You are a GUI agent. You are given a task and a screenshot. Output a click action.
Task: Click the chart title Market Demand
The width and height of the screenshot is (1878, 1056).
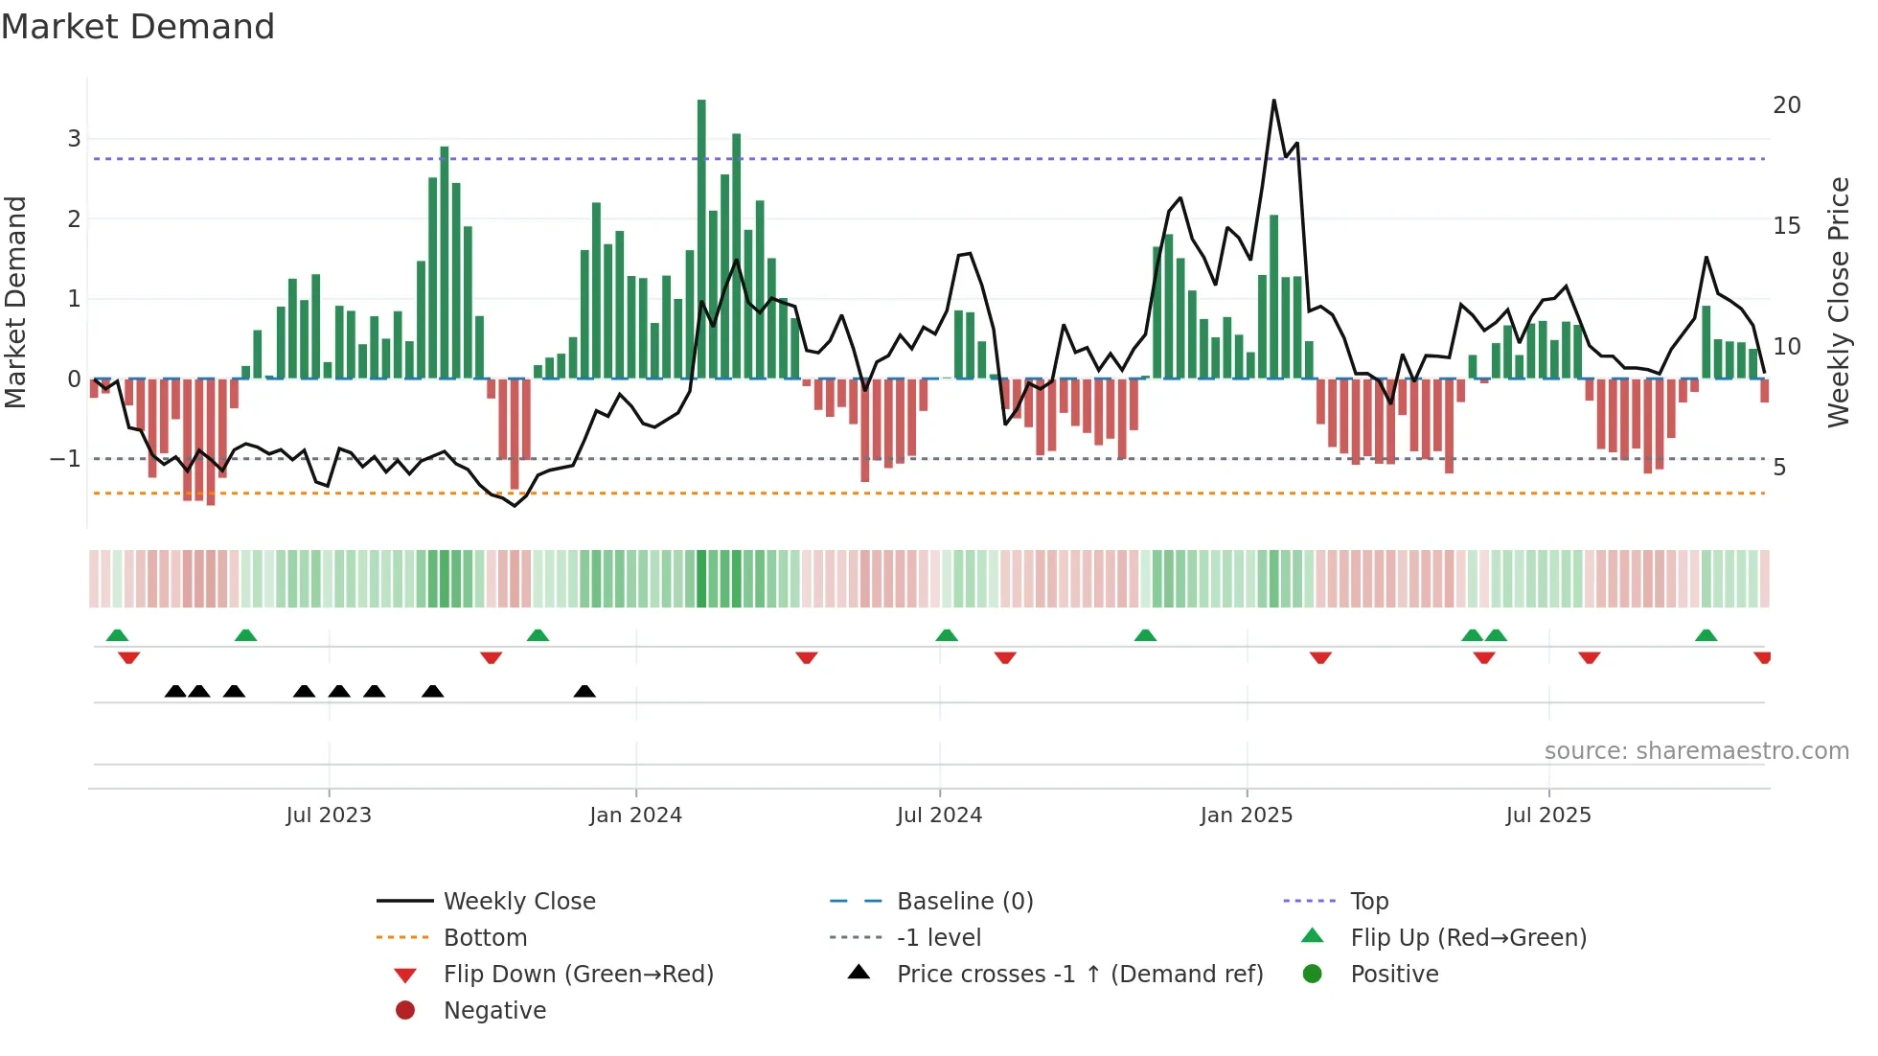click(x=138, y=27)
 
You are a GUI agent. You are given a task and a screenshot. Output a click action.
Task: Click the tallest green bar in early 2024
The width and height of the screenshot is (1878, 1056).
click(x=701, y=240)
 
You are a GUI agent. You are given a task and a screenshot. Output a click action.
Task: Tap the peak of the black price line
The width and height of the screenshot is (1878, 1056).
click(x=1273, y=101)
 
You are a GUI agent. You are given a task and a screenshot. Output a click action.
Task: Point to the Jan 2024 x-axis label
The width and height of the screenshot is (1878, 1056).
click(x=635, y=815)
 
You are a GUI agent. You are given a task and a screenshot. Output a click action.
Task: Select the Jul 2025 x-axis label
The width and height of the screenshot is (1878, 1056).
click(x=1547, y=815)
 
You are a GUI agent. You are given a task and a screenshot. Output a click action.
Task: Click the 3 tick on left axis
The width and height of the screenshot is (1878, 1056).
click(x=74, y=139)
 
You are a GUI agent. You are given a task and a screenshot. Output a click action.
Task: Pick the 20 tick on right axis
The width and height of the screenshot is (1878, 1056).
click(x=1786, y=105)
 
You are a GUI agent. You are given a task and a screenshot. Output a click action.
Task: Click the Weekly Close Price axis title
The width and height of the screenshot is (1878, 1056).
click(x=1838, y=302)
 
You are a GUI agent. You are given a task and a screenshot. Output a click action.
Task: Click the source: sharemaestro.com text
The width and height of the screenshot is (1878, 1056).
click(x=1696, y=751)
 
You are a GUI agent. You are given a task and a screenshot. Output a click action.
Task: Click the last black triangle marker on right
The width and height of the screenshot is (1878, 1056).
click(x=584, y=692)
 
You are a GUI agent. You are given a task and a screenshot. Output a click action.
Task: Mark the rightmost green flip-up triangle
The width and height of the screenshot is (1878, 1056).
click(x=1706, y=635)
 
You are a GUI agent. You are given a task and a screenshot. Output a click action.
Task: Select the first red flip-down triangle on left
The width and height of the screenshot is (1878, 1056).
click(x=128, y=657)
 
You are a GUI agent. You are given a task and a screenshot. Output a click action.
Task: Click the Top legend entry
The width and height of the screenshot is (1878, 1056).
click(x=1368, y=902)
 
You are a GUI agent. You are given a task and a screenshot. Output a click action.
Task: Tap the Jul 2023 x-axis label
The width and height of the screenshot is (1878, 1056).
click(x=328, y=815)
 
